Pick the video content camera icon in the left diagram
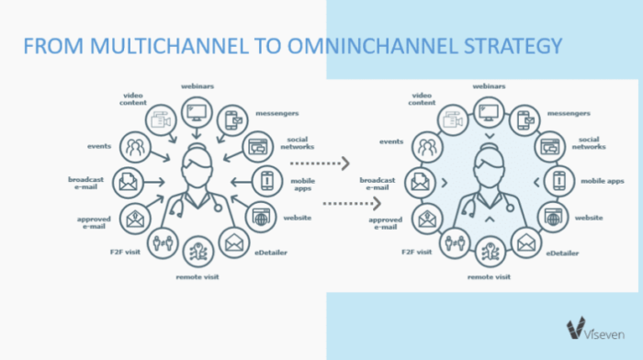tap(162, 121)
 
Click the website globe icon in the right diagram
tap(551, 217)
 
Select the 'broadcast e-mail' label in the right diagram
tap(377, 181)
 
